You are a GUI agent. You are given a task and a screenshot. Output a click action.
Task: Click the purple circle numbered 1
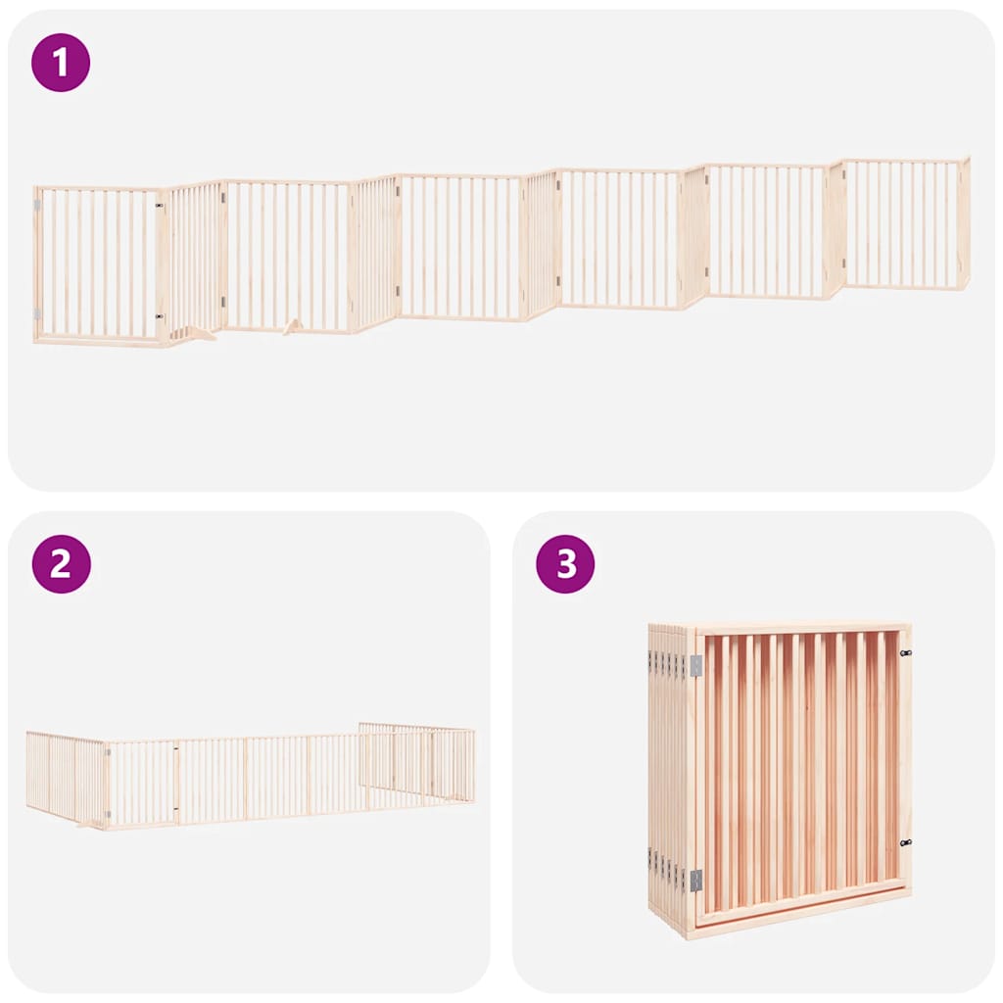click(x=61, y=63)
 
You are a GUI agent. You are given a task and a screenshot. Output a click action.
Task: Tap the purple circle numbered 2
click(x=61, y=564)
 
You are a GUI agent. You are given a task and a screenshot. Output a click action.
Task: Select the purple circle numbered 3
click(x=565, y=564)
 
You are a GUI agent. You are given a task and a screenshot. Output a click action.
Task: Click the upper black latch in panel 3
click(x=906, y=653)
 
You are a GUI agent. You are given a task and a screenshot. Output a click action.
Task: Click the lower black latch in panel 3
click(x=906, y=843)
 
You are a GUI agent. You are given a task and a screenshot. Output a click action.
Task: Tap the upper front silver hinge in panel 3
click(x=696, y=666)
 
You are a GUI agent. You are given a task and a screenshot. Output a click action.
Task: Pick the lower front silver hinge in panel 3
click(x=696, y=881)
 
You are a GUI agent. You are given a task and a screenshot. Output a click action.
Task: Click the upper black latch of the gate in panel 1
click(x=160, y=206)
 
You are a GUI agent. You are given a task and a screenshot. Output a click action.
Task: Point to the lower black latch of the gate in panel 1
click(x=160, y=316)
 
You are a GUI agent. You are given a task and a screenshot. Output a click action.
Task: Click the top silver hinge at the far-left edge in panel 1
click(x=37, y=206)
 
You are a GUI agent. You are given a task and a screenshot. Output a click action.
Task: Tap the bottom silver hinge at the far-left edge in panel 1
click(x=37, y=314)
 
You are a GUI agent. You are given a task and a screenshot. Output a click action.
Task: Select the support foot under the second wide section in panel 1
click(x=294, y=327)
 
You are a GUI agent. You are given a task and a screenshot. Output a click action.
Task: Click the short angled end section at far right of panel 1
click(x=965, y=222)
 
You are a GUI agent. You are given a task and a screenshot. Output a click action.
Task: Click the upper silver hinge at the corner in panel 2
click(x=108, y=753)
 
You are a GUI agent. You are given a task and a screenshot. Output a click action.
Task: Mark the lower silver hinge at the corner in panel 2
click(x=108, y=814)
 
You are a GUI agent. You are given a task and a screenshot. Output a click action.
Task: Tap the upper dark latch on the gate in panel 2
click(x=176, y=747)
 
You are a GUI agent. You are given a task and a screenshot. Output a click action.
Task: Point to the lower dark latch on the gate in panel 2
click(x=176, y=808)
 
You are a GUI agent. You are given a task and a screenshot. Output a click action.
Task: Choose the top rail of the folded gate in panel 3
click(x=800, y=629)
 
